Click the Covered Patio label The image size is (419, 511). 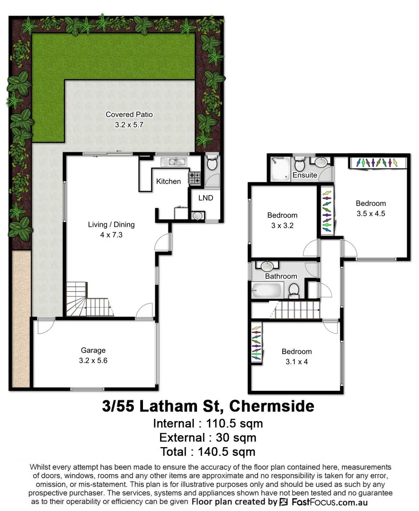click(x=129, y=115)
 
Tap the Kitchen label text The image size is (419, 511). click(x=169, y=181)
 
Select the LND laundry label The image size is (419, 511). click(x=205, y=198)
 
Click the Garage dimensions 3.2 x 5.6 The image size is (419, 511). click(x=93, y=360)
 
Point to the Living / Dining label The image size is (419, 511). click(x=111, y=225)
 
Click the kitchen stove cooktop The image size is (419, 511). click(x=195, y=177)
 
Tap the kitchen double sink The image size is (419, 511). click(x=173, y=162)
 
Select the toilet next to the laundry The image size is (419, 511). click(x=212, y=164)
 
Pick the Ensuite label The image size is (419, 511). click(x=304, y=175)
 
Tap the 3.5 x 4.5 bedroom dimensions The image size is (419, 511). click(x=371, y=213)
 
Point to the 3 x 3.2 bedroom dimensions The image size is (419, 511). click(x=282, y=225)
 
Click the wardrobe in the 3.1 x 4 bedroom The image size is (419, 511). click(x=256, y=344)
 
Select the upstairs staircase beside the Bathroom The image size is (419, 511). click(x=297, y=310)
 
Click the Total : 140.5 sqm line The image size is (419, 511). click(x=208, y=451)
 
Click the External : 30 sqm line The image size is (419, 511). click(x=208, y=437)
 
